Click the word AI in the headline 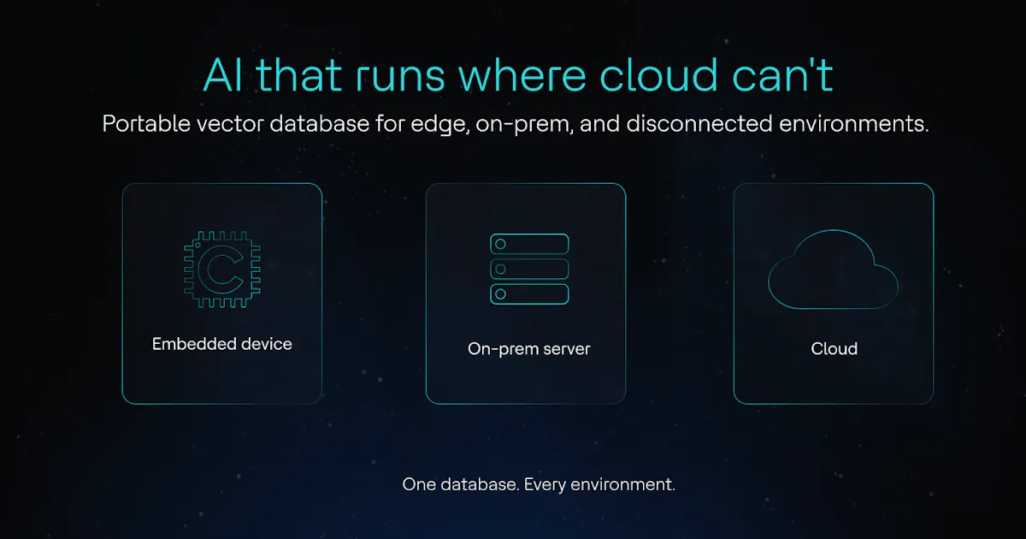(x=222, y=75)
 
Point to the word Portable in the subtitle (x=146, y=124)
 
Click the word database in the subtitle (x=319, y=124)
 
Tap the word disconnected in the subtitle (x=699, y=124)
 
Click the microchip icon (x=222, y=269)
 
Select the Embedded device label (x=221, y=344)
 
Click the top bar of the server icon (x=529, y=244)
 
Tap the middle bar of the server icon (x=529, y=269)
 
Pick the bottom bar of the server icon (x=529, y=294)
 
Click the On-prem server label (x=529, y=349)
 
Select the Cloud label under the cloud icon (x=834, y=349)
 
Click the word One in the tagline (x=419, y=484)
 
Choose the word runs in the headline (x=400, y=78)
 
